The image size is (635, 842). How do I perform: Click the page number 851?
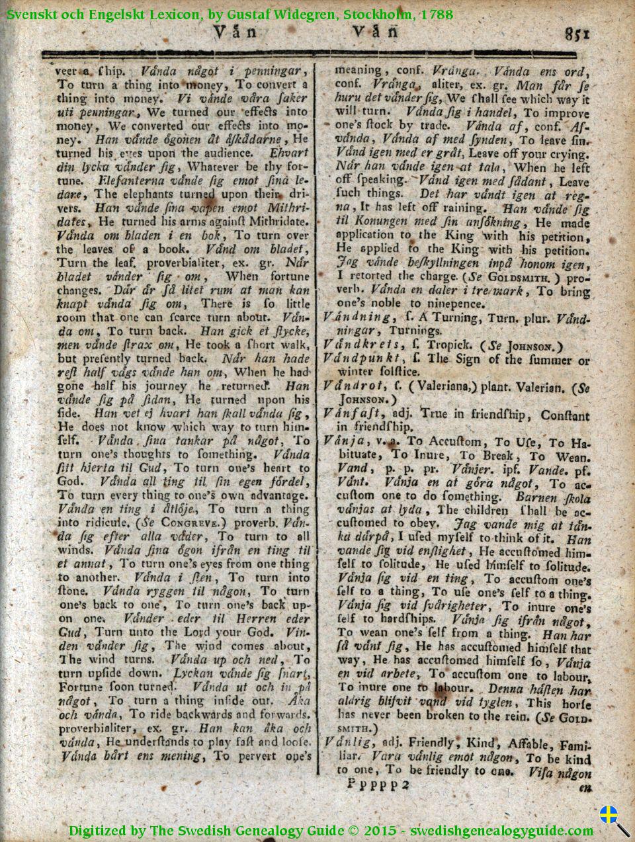577,32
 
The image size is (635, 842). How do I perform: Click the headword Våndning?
357,317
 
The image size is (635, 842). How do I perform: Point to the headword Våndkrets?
362,345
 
